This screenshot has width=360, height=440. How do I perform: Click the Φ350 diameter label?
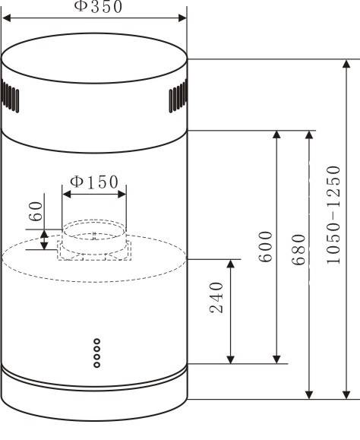(x=98, y=6)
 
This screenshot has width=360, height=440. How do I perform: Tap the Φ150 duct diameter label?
(x=94, y=182)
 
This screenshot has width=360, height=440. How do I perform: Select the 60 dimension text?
(x=36, y=211)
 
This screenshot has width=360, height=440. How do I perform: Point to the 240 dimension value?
(x=216, y=297)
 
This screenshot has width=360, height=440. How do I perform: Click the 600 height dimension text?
(x=266, y=246)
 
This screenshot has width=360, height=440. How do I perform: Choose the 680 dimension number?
(x=298, y=249)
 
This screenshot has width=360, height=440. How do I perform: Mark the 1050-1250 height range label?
(x=333, y=214)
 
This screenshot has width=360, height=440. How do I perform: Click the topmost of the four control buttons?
(x=96, y=341)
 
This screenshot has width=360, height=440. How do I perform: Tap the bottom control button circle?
(x=96, y=365)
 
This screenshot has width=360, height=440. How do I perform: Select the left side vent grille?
(x=10, y=97)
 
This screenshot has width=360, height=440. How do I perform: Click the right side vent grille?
(x=178, y=97)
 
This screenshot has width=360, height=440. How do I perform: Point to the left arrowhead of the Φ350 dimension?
(x=6, y=18)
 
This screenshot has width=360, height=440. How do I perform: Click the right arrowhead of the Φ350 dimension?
(x=182, y=18)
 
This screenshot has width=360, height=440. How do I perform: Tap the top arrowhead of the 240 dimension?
(x=230, y=264)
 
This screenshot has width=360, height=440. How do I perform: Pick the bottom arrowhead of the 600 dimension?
(x=276, y=359)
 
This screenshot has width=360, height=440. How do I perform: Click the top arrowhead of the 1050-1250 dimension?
(x=346, y=64)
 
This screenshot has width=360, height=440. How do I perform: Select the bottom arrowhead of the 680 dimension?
(x=309, y=395)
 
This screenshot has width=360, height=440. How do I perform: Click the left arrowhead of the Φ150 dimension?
(x=66, y=195)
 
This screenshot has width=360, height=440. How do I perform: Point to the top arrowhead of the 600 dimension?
(x=276, y=135)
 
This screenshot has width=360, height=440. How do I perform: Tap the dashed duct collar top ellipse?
(x=94, y=220)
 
